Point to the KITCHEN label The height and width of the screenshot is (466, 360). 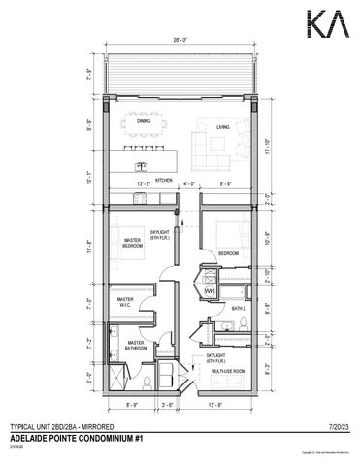click(x=164, y=179)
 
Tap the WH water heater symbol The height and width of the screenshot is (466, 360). click(x=209, y=287)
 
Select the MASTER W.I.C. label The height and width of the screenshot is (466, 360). click(x=127, y=302)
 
